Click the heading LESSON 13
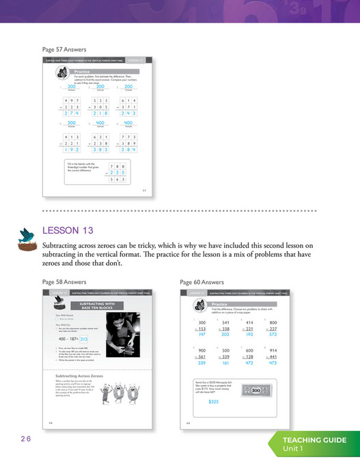(x=68, y=229)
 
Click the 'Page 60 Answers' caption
(x=202, y=281)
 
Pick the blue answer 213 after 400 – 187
(x=84, y=338)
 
